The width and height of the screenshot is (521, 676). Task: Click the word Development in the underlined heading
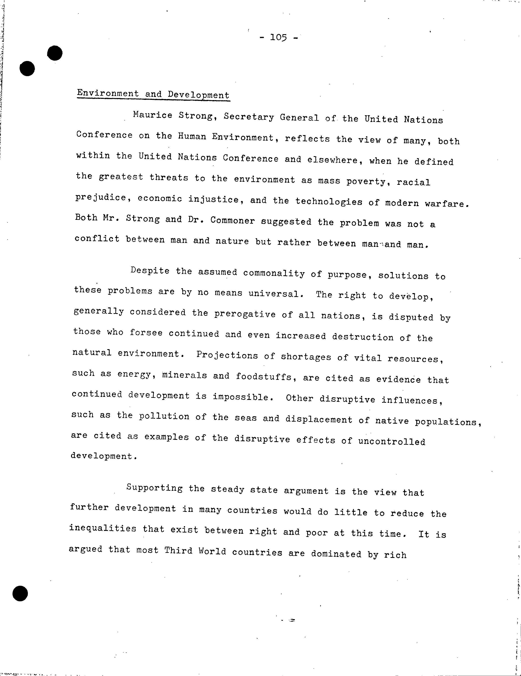(x=198, y=95)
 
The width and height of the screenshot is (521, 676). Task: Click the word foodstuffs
(x=264, y=377)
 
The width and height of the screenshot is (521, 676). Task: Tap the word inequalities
(x=103, y=528)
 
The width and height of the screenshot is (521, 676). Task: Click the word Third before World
(x=178, y=551)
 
